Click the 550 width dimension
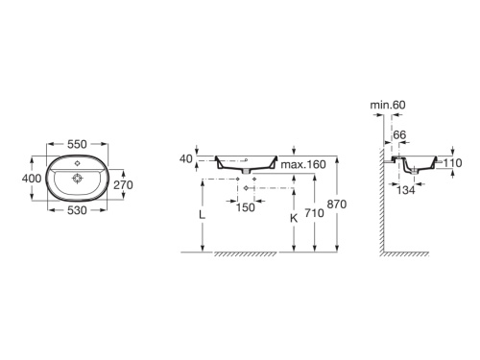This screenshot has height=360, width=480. (x=77, y=144)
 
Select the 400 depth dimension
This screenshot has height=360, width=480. (x=32, y=179)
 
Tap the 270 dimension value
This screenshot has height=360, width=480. (x=123, y=184)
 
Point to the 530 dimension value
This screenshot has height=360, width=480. (x=77, y=210)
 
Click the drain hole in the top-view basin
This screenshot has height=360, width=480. (x=77, y=179)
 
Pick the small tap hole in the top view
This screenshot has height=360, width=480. (x=77, y=163)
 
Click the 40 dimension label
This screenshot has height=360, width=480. (x=186, y=158)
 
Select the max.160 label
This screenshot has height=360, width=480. (x=303, y=164)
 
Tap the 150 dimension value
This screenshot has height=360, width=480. (x=246, y=207)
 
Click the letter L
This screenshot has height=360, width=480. (x=202, y=215)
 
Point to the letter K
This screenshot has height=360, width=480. (x=294, y=218)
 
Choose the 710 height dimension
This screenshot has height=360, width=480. (x=314, y=213)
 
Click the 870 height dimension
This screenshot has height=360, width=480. (x=337, y=204)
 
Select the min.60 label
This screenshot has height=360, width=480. (x=388, y=105)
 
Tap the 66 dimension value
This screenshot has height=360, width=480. (x=399, y=134)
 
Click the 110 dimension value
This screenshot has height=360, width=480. (x=452, y=163)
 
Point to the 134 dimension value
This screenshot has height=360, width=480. (x=406, y=190)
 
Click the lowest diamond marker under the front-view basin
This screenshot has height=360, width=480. (x=246, y=188)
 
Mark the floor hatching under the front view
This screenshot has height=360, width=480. (x=246, y=254)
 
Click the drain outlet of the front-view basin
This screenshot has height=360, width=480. (x=246, y=172)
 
